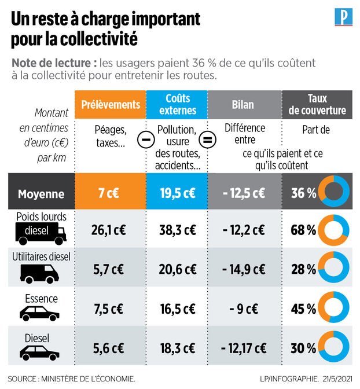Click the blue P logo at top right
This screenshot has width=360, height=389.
343,17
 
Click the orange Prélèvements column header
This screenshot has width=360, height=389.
111,105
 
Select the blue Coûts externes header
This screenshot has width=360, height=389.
177,105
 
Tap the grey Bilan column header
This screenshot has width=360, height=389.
244,105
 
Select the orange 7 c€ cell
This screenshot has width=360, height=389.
111,193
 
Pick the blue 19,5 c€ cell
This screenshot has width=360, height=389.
177,193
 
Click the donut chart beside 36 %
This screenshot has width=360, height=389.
335,193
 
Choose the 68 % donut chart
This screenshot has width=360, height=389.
335,230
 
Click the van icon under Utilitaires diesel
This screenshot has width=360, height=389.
40,271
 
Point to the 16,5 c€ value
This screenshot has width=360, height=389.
177,309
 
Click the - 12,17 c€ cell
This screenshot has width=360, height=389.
244,348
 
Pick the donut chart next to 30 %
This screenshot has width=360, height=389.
335,348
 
